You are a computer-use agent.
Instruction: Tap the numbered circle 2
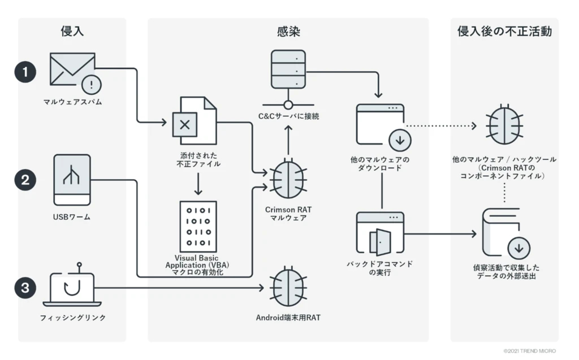[25, 180]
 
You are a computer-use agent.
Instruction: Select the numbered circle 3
[25, 288]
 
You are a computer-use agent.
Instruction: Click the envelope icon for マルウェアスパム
[72, 69]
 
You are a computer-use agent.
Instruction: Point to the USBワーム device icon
[72, 180]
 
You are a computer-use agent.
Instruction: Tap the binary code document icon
[198, 226]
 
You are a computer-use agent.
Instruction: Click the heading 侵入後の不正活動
[504, 32]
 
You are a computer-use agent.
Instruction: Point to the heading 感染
[288, 32]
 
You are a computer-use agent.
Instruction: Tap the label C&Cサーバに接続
[288, 116]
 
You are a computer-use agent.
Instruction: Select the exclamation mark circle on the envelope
[91, 85]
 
